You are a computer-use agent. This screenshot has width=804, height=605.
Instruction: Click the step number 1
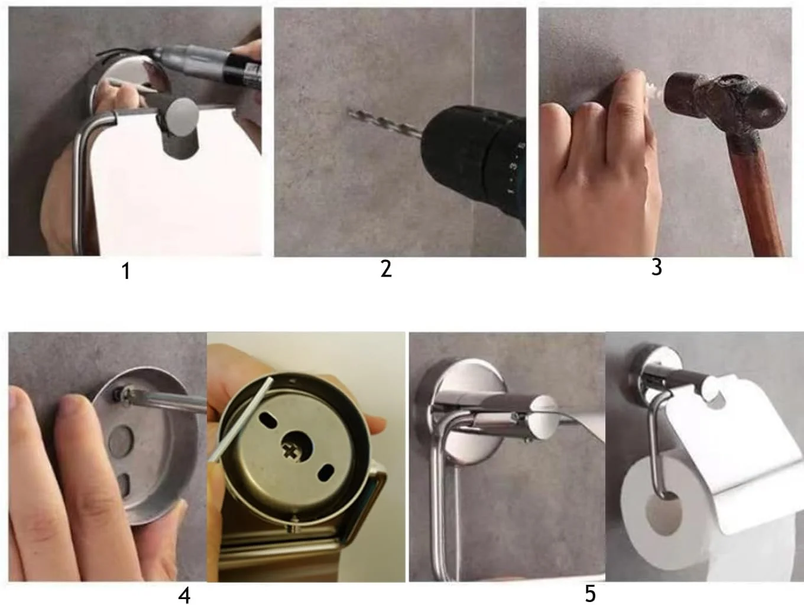(126, 272)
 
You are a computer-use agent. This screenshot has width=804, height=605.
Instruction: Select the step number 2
(386, 269)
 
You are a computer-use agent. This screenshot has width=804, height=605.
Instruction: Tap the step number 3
(657, 267)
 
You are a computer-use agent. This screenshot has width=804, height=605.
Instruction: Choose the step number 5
(590, 593)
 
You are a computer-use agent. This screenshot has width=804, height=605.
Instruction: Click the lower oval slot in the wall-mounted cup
(124, 484)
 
